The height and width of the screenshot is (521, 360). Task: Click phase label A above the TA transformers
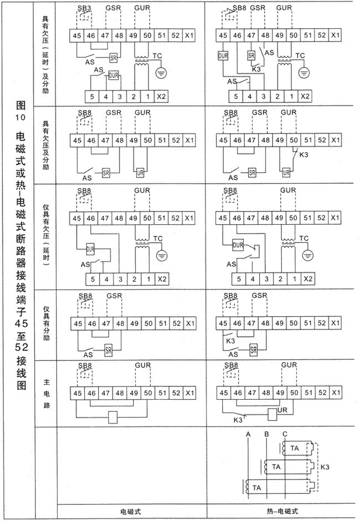(249, 434)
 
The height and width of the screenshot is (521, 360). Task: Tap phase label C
(284, 434)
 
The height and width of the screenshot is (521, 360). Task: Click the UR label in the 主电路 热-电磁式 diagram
(281, 410)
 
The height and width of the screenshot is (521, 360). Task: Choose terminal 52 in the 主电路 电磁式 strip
(176, 393)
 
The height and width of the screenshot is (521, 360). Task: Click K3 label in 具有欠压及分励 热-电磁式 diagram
(304, 156)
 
